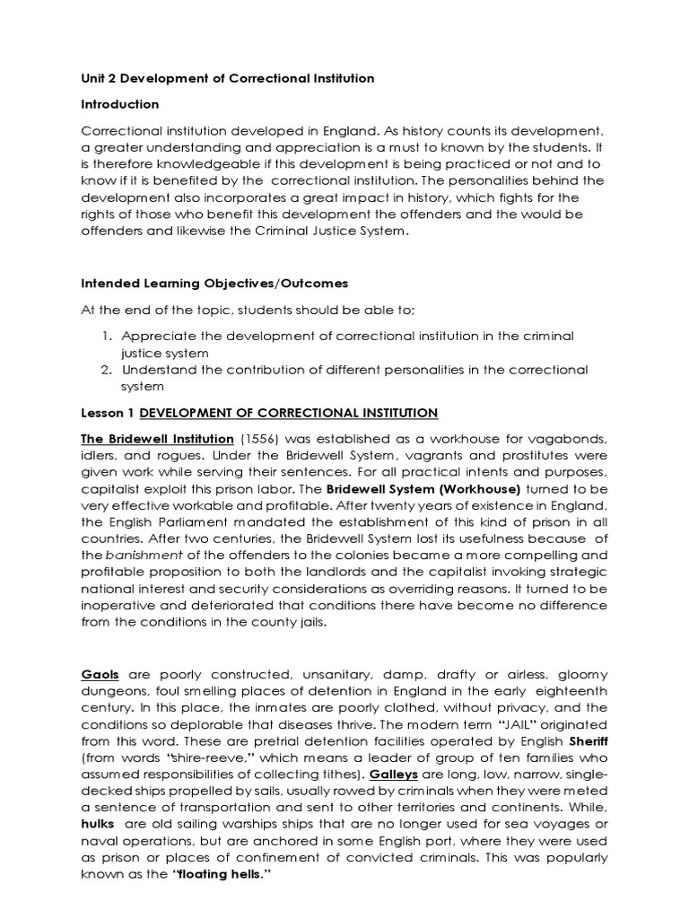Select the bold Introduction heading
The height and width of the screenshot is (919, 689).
click(120, 105)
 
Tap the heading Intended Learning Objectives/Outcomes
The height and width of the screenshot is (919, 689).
click(214, 284)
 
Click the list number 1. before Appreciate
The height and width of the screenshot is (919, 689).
click(105, 335)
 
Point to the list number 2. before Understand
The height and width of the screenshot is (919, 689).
click(105, 369)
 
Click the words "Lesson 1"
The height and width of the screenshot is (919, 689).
click(109, 413)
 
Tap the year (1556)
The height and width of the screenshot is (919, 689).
click(260, 438)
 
